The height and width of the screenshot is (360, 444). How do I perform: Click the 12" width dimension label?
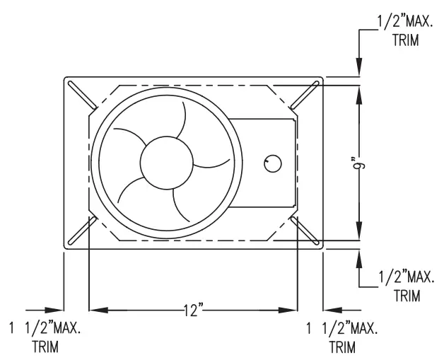pyautogui.click(x=192, y=310)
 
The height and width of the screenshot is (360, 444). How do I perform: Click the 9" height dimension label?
pyautogui.click(x=362, y=163)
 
